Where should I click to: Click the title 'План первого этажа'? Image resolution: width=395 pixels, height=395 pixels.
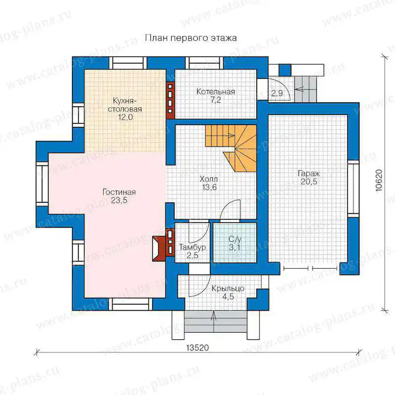[191, 38]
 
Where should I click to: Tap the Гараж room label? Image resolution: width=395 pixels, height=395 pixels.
[309, 174]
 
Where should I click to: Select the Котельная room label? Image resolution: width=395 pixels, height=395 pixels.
[216, 91]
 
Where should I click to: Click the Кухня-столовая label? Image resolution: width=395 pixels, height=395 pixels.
[125, 105]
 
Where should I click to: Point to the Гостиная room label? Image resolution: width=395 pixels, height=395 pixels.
[119, 192]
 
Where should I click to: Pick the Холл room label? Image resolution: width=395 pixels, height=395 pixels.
[208, 179]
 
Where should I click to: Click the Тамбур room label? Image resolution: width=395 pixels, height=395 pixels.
[192, 247]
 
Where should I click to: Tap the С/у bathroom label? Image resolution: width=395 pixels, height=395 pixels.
[235, 239]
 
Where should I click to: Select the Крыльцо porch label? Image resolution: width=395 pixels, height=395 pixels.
[228, 288]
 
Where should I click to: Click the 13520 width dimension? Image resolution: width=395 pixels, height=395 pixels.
[198, 348]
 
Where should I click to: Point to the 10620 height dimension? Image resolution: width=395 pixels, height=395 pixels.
[379, 181]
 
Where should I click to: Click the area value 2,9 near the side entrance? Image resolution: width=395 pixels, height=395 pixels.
[277, 93]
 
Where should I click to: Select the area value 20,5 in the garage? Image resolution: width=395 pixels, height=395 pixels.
[309, 182]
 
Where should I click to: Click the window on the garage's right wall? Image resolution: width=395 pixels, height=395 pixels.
[354, 189]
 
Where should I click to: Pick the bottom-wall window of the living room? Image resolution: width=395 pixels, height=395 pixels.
[131, 304]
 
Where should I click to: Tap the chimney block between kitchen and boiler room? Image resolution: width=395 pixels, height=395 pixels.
[170, 100]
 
